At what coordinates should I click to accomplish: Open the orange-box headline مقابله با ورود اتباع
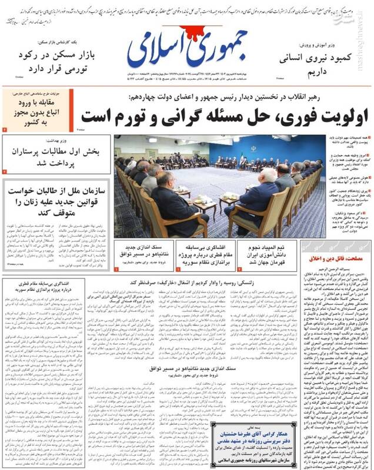(36, 117)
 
